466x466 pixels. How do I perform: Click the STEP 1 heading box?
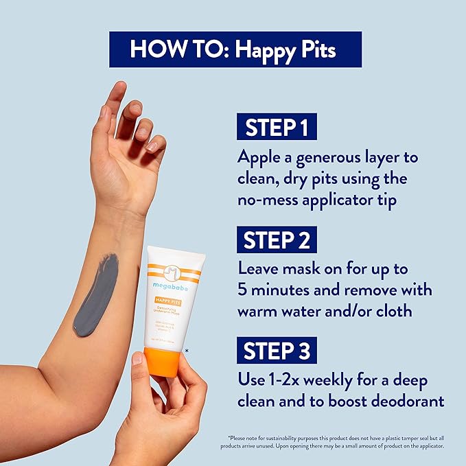[277, 128]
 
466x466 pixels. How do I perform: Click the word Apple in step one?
[261, 157]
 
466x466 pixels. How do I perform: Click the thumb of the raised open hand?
[154, 143]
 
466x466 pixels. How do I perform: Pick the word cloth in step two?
[391, 310]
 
